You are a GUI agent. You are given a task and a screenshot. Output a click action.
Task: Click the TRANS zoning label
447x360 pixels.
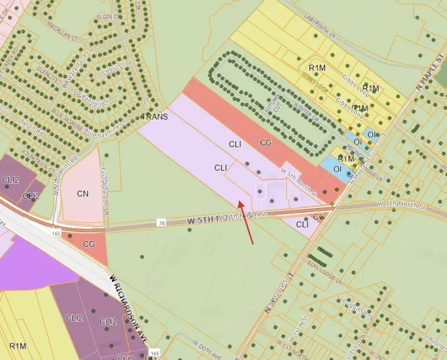click(x=154, y=116)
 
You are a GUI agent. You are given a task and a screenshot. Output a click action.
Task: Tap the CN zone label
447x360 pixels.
click(x=83, y=194)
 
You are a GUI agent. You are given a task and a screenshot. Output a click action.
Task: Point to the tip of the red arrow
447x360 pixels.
click(x=239, y=201)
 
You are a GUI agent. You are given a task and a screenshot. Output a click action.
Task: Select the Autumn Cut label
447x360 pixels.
click(x=277, y=103)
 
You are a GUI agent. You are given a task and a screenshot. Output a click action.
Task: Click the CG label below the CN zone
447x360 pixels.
click(x=89, y=244)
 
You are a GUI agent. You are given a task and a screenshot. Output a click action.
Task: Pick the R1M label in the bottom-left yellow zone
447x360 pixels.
click(x=18, y=346)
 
